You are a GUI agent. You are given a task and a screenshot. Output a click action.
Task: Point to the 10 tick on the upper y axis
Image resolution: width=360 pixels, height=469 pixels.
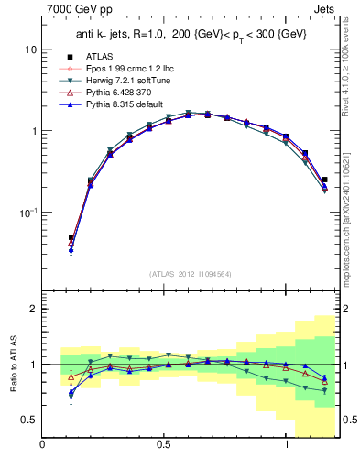point(31,49)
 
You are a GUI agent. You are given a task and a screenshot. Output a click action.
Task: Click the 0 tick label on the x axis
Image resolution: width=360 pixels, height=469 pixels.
point(42,445)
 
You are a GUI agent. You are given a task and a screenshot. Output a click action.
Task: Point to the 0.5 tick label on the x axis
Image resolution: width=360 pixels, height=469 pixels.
point(165,445)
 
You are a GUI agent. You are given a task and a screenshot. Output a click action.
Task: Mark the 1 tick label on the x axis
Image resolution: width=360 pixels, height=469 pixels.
point(288,445)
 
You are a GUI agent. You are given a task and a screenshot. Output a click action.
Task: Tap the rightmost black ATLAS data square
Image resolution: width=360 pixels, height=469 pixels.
point(324,180)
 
